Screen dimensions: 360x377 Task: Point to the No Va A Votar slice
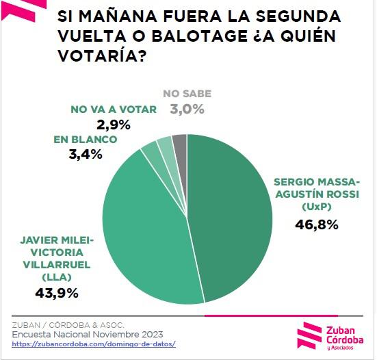(165, 146)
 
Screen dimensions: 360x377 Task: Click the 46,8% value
(316, 224)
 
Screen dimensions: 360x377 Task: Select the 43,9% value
(57, 293)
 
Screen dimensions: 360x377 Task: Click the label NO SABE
(187, 94)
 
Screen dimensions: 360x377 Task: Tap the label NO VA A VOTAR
(114, 110)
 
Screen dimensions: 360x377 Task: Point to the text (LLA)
(56, 277)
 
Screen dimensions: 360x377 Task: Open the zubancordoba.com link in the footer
(94, 344)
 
